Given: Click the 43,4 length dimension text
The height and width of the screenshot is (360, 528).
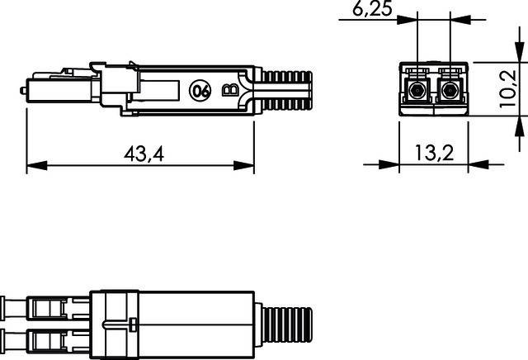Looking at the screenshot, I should (x=142, y=154).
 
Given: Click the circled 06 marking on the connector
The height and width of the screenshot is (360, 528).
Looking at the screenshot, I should (x=200, y=91).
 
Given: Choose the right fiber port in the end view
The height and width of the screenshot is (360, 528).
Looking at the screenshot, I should (x=449, y=88).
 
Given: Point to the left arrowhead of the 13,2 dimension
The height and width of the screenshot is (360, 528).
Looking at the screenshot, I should (x=405, y=165).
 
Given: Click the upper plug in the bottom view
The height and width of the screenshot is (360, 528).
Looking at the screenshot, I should (x=49, y=309).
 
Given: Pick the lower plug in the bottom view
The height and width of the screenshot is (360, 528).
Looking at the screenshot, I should (x=49, y=339).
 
